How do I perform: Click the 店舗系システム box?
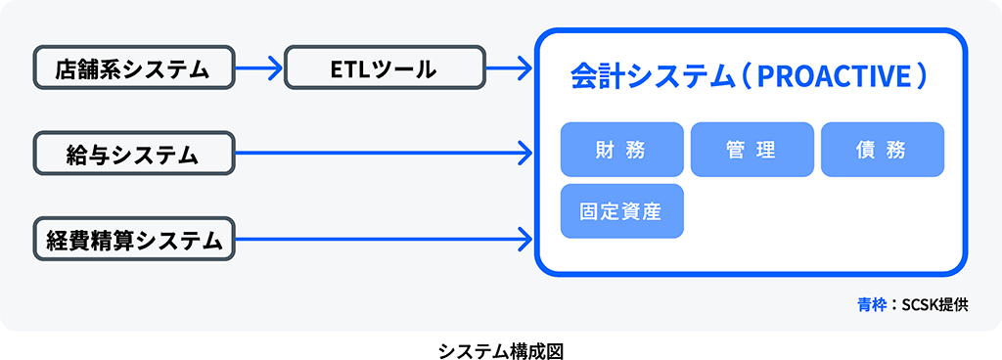point(133,67)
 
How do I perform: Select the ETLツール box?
point(385,67)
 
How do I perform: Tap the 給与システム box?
point(133,154)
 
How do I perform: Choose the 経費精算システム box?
point(133,240)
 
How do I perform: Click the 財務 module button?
point(621,150)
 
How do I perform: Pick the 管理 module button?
point(752,150)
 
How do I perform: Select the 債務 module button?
point(883,150)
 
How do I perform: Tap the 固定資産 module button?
point(621,211)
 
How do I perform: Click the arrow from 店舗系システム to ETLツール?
point(258,67)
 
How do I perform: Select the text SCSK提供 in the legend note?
point(934,305)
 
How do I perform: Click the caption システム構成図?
point(501,350)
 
